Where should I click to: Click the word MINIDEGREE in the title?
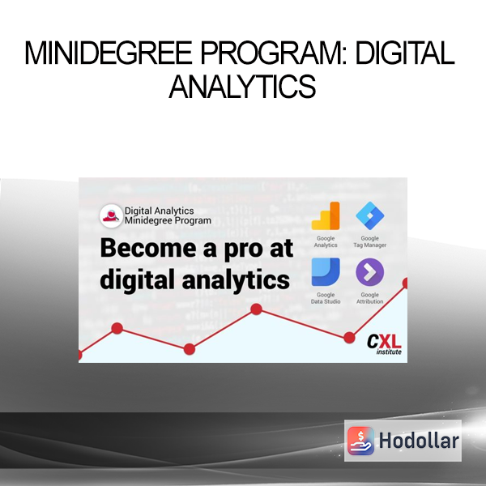(109, 53)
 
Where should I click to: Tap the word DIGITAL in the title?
(405, 53)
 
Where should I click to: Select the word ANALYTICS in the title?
(243, 87)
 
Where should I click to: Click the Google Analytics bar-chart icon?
(326, 215)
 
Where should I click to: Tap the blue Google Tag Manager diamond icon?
(370, 215)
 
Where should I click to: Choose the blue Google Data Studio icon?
(326, 272)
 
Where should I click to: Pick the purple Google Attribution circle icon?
(370, 272)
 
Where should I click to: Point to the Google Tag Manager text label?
(370, 241)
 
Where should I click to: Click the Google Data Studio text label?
(326, 298)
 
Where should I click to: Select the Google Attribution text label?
(370, 298)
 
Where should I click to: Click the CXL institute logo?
(384, 344)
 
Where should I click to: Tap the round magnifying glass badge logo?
(111, 215)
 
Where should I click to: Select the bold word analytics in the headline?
(236, 280)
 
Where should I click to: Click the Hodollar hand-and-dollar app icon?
(360, 441)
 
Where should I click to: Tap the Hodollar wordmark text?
(419, 441)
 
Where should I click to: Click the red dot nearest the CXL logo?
(349, 338)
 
